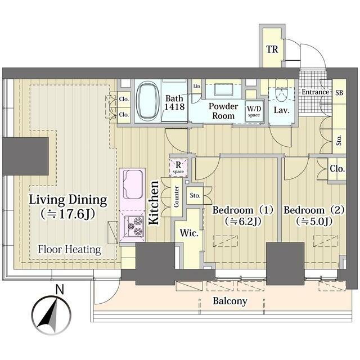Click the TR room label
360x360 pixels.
coord(272,49)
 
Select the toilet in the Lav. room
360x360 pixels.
coord(281,91)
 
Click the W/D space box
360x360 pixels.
coord(254,111)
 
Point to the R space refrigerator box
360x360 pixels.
coord(178,168)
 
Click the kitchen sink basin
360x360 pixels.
coord(133,184)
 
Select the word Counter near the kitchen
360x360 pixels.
coord(176,197)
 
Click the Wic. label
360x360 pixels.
coord(189,233)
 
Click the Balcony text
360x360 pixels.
coord(230,301)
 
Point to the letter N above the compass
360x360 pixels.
coord(60,290)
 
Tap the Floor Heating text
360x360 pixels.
coord(69,250)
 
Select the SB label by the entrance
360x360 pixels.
coord(339,92)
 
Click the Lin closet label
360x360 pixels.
coord(196,86)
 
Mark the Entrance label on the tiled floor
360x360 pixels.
coord(315,92)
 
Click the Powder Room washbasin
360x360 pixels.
coord(224,90)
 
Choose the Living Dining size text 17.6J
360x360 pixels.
coord(68,214)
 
